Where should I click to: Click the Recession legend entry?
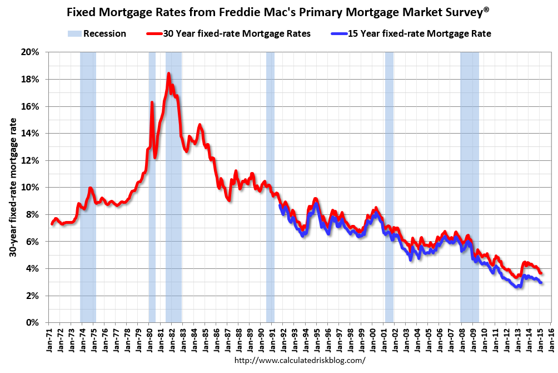pos(97,33)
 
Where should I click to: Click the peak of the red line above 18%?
pos(168,73)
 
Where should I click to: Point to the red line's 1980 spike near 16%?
pos(152,102)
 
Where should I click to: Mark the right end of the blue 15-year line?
pos(541,283)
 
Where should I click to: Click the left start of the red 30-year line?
pos(52,224)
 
